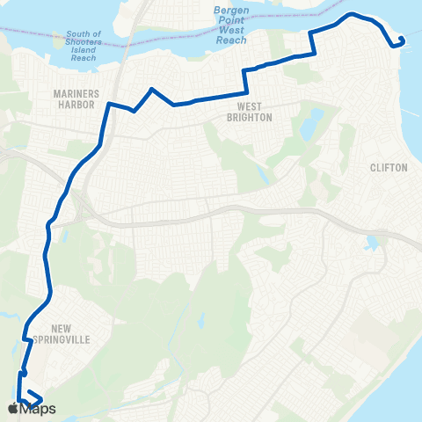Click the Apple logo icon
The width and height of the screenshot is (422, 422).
pos(13,409)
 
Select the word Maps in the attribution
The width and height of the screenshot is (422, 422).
pos(39,409)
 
